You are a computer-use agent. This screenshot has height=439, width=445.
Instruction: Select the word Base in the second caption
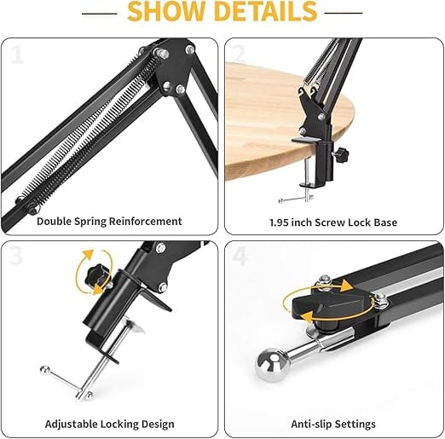pos(384,222)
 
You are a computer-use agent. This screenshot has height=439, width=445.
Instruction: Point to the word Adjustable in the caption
pos(74,424)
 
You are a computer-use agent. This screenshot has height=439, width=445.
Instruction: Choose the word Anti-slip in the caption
pos(312,424)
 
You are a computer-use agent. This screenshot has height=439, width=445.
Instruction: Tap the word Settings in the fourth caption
pos(357,424)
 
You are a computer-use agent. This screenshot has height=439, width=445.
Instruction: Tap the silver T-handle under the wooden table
pos(294,199)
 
